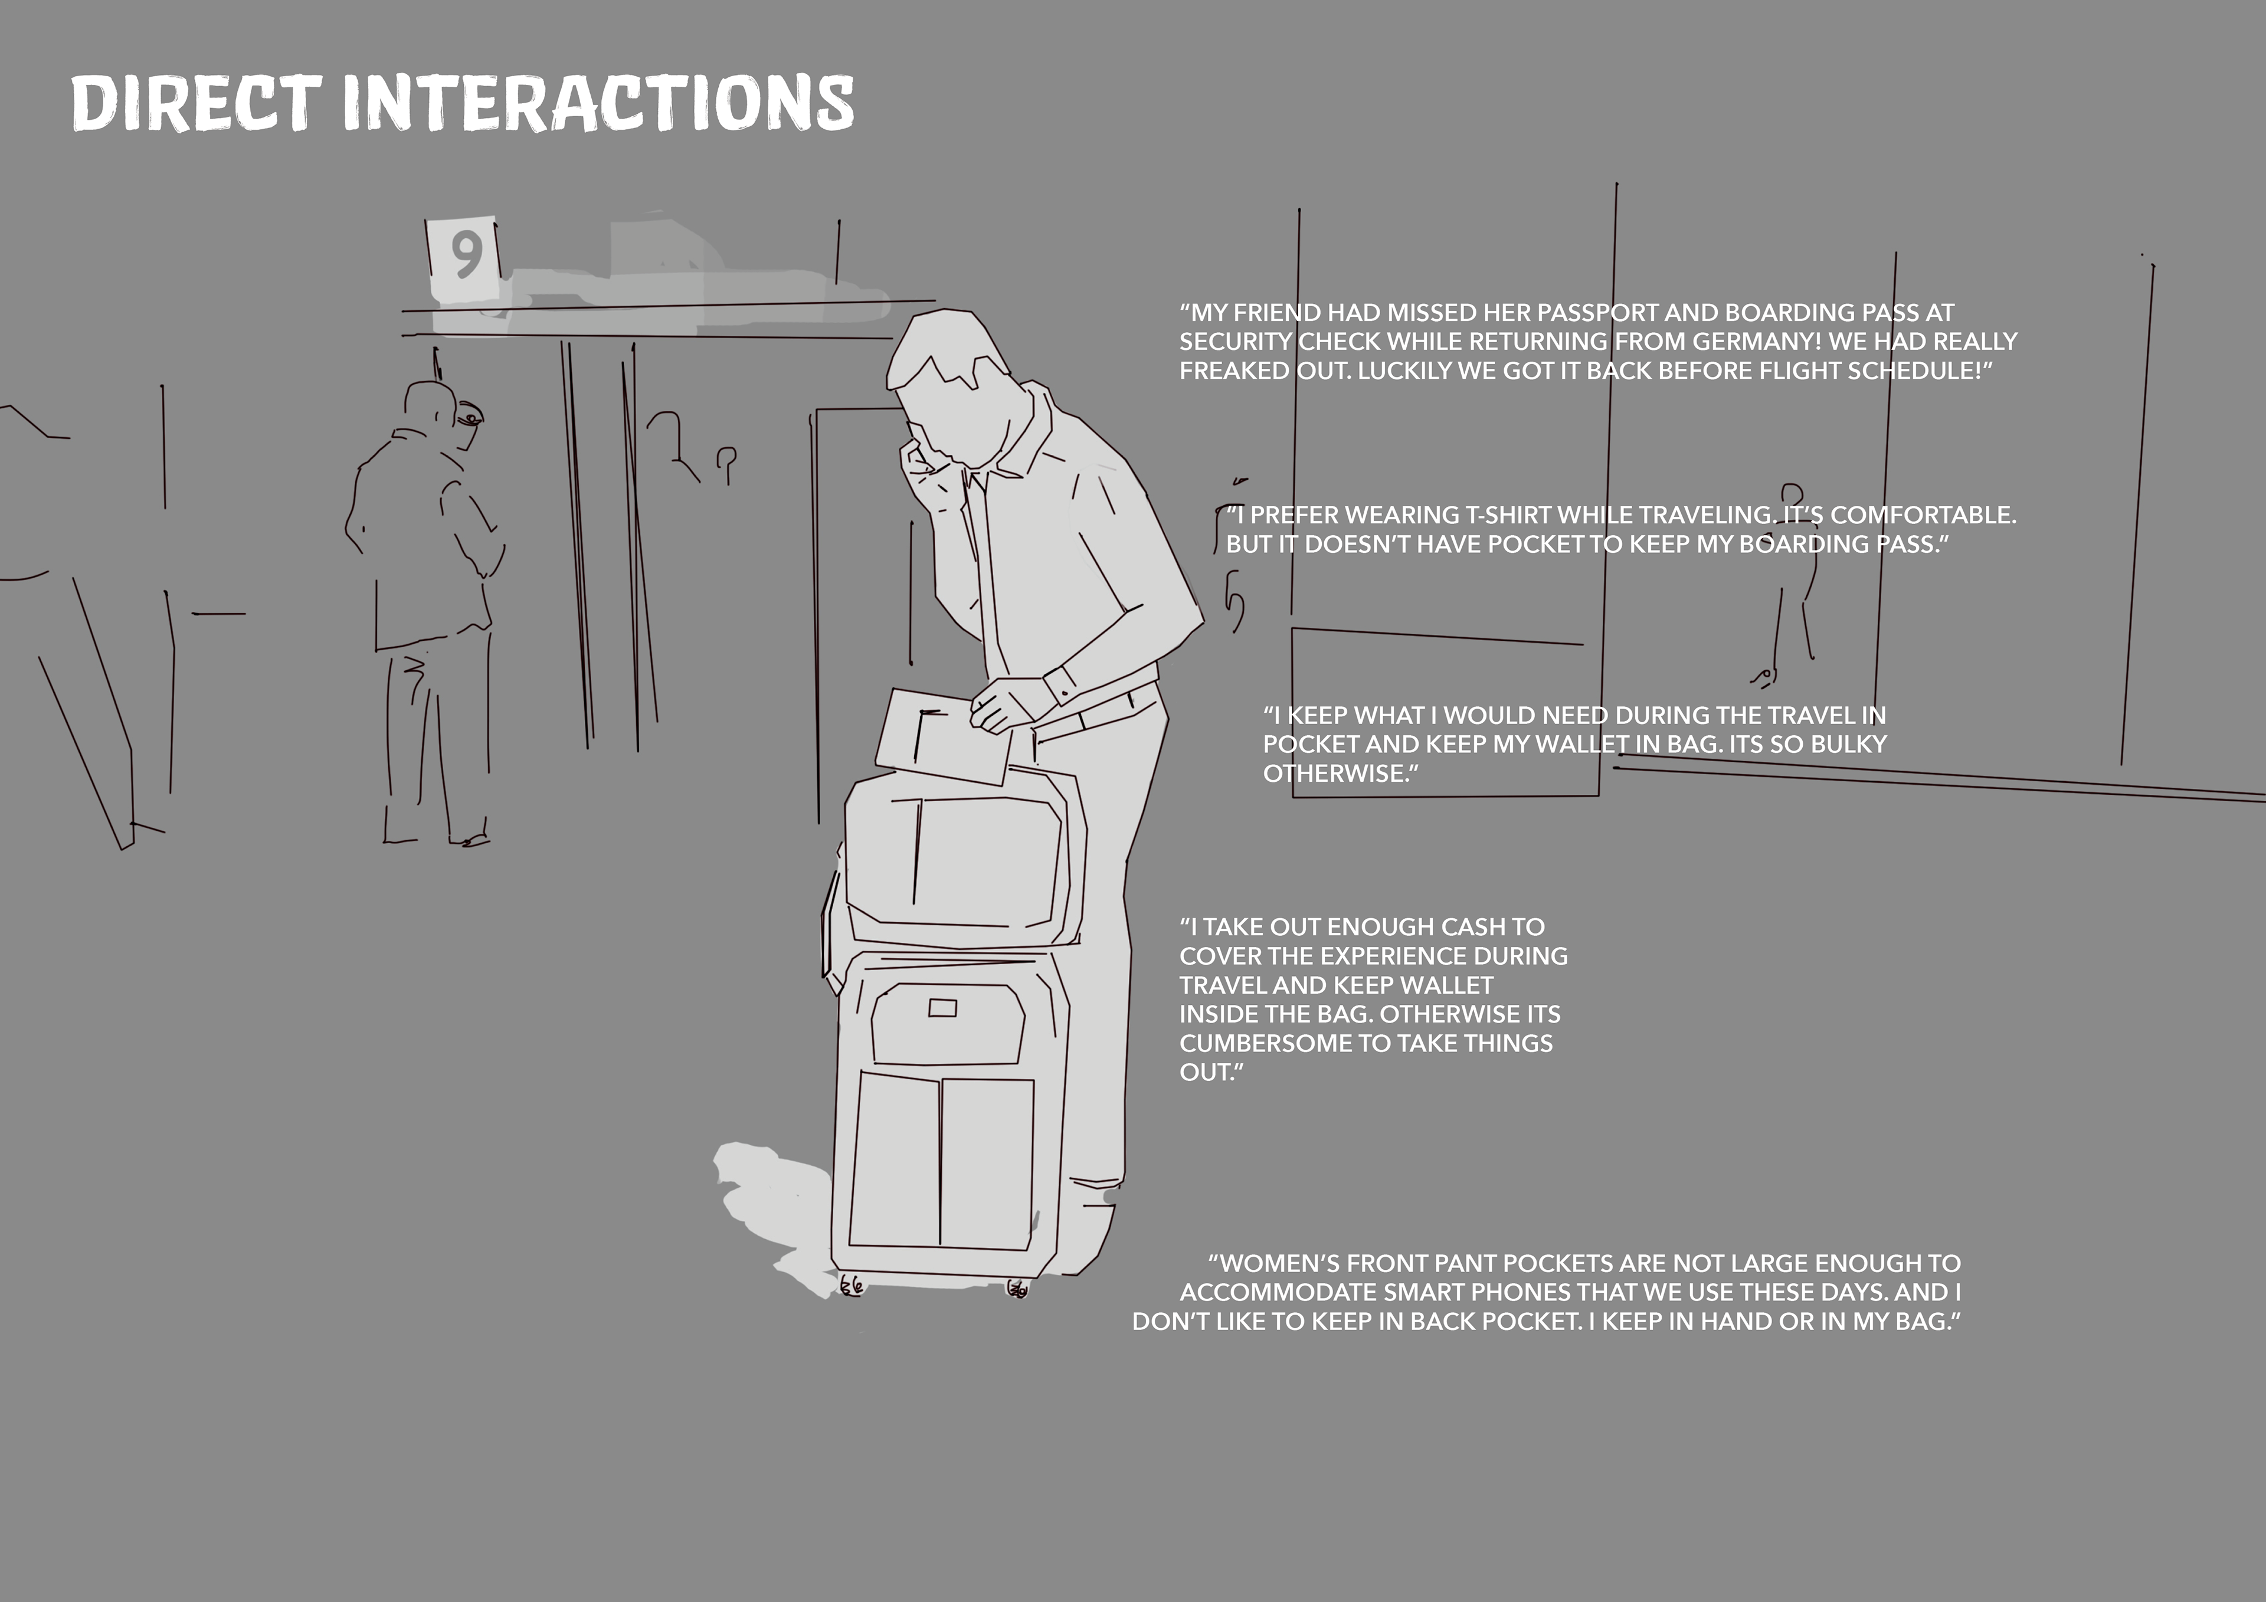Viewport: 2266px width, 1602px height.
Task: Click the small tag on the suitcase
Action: [x=942, y=1008]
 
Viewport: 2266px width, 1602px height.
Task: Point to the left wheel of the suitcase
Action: [x=852, y=1285]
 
